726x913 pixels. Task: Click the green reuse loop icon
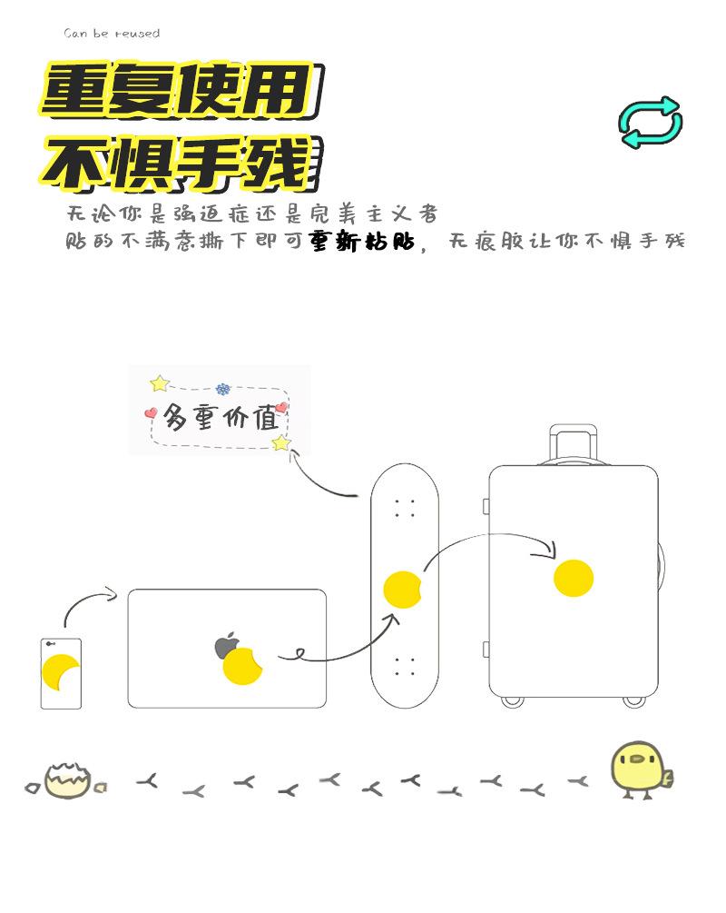(651, 122)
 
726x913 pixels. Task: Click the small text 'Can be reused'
(112, 34)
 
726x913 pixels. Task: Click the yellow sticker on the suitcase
(574, 579)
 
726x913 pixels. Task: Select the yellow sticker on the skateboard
(403, 590)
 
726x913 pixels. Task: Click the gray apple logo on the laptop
(225, 646)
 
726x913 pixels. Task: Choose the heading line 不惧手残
(178, 163)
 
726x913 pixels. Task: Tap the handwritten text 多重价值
(221, 419)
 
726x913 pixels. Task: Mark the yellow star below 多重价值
(281, 443)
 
